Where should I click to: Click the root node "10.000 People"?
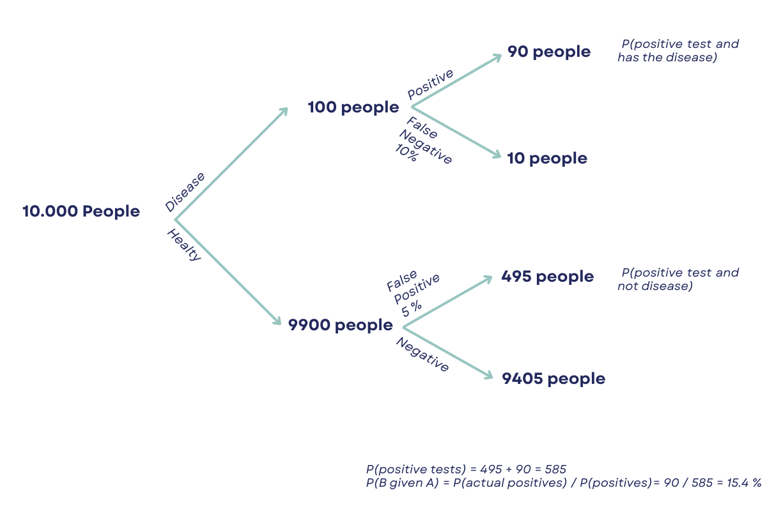(81, 211)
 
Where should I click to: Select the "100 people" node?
(353, 107)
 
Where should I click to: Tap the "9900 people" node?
(340, 325)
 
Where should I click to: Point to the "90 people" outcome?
(549, 52)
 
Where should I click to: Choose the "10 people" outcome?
(547, 158)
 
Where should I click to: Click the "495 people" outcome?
(548, 277)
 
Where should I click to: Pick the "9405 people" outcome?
(554, 379)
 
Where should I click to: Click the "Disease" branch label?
(185, 191)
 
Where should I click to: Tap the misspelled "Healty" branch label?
(184, 245)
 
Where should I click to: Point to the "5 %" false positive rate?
(412, 307)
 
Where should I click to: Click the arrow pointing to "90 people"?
(457, 80)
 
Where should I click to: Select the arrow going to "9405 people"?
(448, 352)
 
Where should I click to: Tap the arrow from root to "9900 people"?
(228, 272)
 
